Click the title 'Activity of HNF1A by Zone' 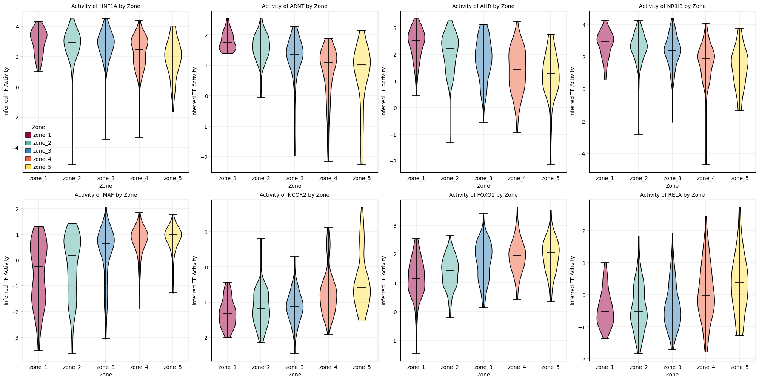tap(106, 6)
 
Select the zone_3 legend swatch tap(28, 151)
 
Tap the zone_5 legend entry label tap(42, 167)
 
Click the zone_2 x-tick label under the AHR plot tap(450, 178)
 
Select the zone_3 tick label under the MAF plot tap(106, 367)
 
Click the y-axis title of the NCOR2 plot tap(195, 280)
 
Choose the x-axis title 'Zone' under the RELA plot tap(672, 375)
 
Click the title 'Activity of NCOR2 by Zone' tap(294, 195)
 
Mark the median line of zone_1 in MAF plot tap(38, 266)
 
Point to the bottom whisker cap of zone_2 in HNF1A tap(72, 165)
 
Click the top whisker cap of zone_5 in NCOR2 tap(362, 207)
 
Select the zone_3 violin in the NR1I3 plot tap(672, 53)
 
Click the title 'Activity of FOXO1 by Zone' tap(483, 195)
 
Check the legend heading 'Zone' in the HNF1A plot tap(38, 127)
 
